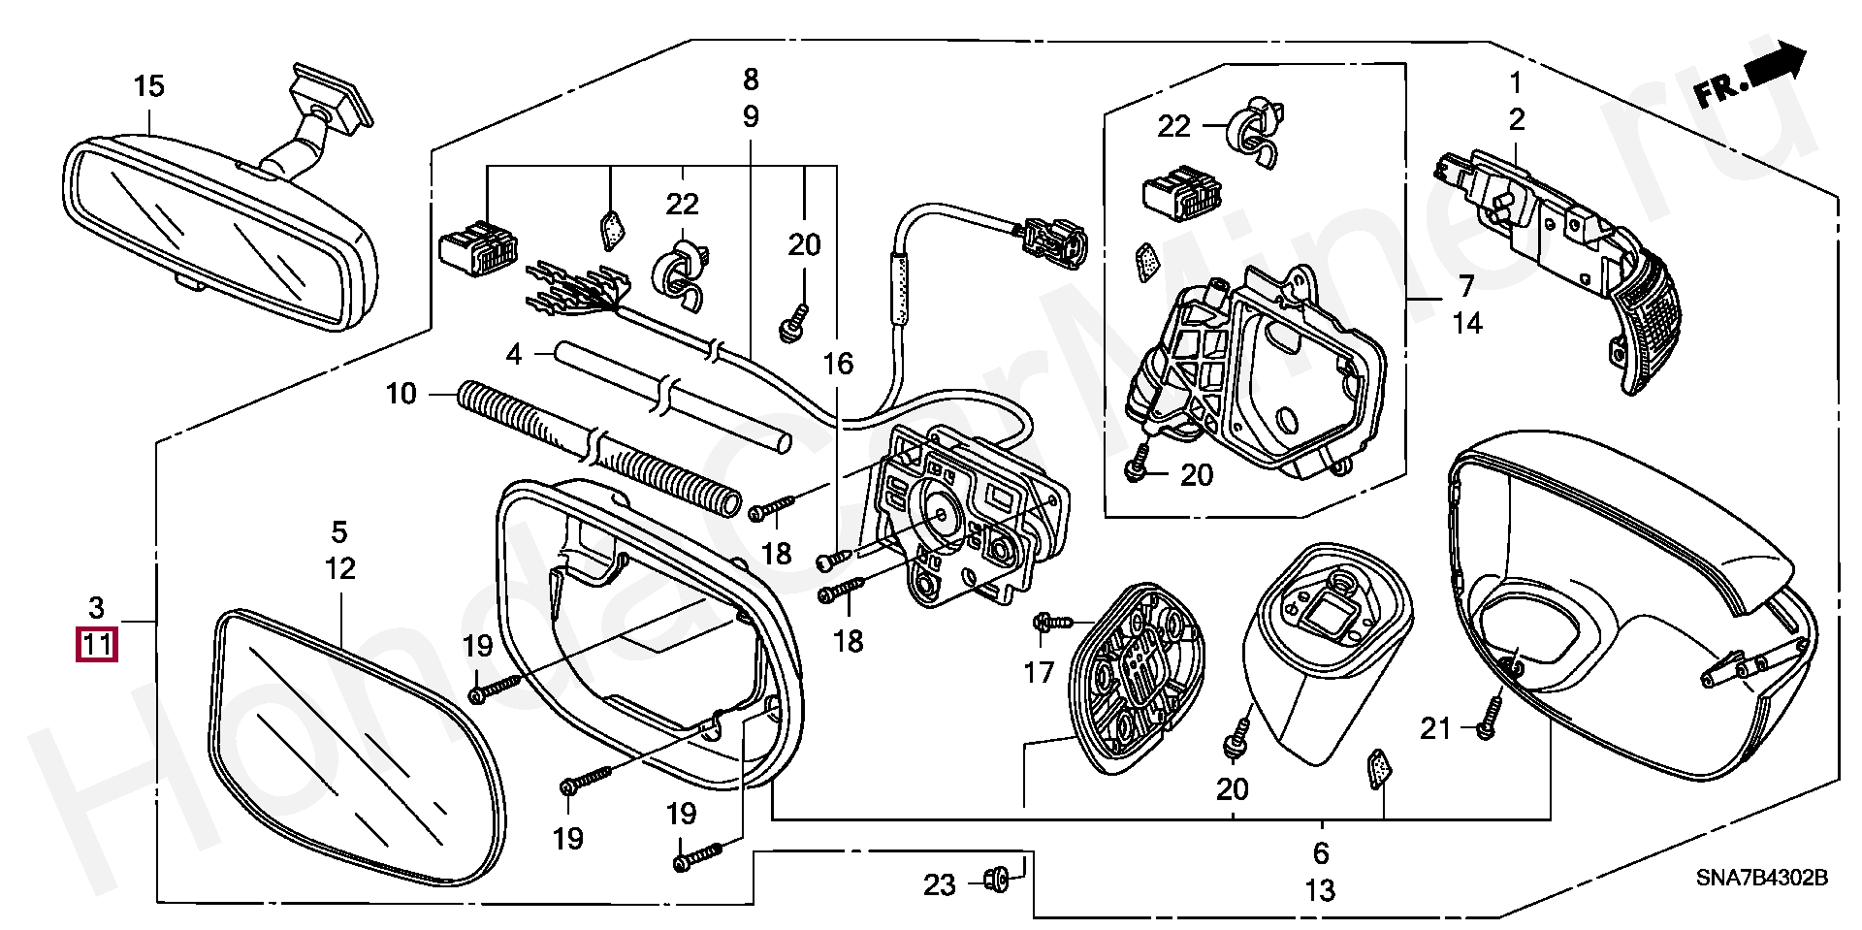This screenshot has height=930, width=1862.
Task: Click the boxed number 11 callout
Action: tap(96, 644)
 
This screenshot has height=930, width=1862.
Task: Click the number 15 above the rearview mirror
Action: tap(149, 86)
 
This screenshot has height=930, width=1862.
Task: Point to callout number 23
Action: tap(939, 884)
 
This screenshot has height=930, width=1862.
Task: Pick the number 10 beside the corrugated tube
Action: tap(401, 394)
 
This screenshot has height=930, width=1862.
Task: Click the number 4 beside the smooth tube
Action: tap(513, 355)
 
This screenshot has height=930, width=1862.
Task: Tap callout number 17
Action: tap(1039, 671)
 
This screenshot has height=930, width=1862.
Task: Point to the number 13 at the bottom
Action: tap(1321, 889)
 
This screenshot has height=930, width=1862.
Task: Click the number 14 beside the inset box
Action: tap(1468, 323)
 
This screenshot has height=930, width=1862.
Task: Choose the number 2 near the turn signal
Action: tap(1516, 120)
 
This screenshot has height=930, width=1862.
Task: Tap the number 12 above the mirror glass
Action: tap(340, 568)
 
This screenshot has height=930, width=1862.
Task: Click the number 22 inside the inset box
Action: tap(1173, 126)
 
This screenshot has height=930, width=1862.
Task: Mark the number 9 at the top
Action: tap(751, 116)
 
